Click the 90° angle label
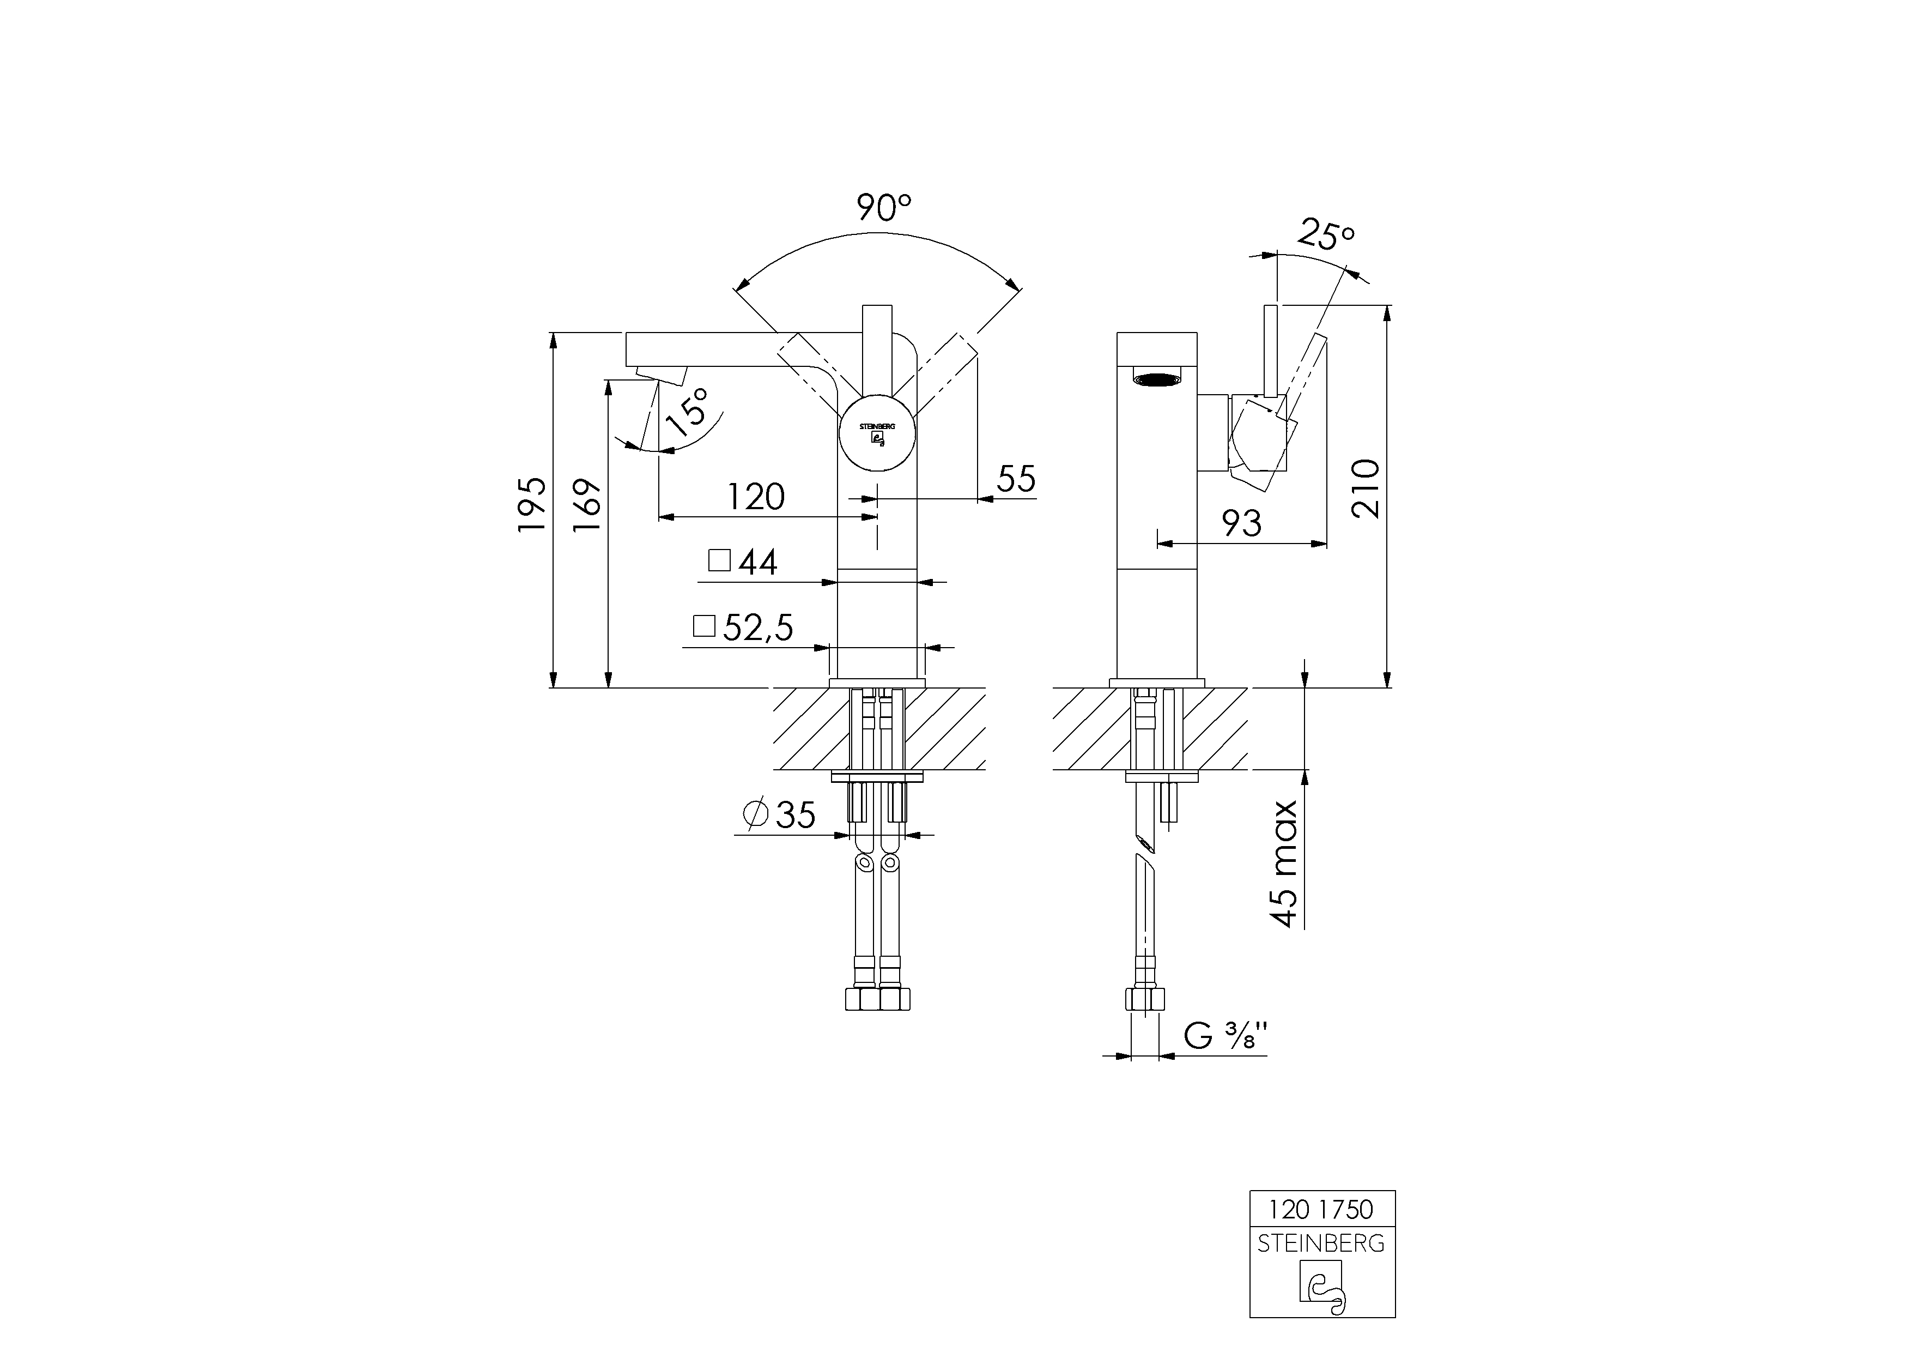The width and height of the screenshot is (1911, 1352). tap(884, 207)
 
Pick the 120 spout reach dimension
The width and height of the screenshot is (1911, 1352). tap(756, 497)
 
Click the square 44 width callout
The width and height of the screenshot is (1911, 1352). tap(743, 562)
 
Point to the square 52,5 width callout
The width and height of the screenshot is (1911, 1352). tap(743, 627)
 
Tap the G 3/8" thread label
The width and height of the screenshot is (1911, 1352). tap(1225, 1036)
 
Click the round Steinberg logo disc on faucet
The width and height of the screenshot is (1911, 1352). tap(877, 433)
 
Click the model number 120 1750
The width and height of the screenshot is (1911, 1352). tap(1321, 1208)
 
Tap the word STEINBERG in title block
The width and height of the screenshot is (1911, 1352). tap(1321, 1243)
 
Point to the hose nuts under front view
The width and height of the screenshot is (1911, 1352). tap(877, 998)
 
